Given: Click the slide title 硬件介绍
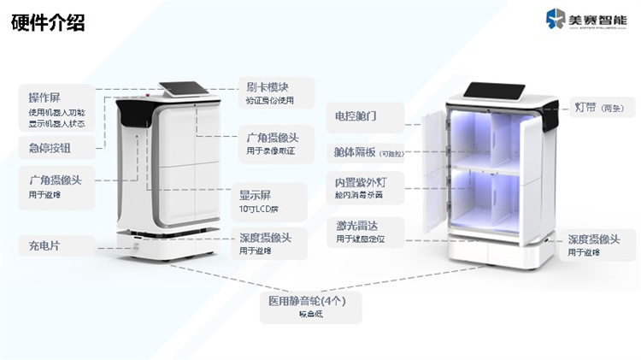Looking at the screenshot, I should [48, 22].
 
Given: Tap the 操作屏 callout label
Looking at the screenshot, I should [44, 97].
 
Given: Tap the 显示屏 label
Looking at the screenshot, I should [256, 194].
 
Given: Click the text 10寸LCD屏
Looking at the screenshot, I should [259, 210].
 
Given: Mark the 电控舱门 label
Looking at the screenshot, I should [356, 115].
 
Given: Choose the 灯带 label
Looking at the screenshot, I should [587, 108].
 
